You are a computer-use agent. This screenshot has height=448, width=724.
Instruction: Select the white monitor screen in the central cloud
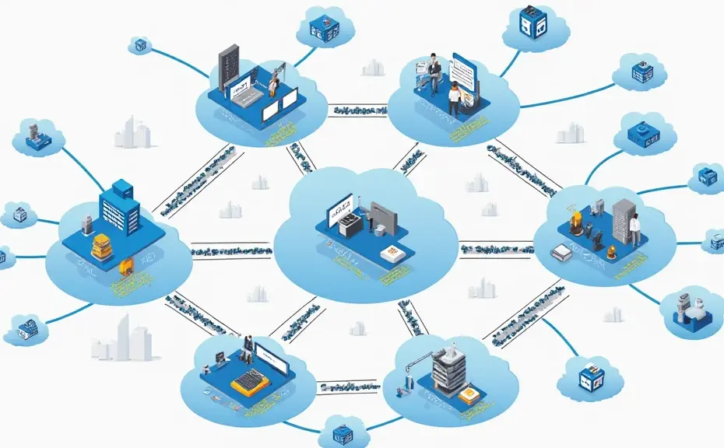(339, 215)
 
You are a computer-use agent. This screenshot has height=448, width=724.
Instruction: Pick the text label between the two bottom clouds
(349, 387)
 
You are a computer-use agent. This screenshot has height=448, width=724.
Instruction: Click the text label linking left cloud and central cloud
(231, 250)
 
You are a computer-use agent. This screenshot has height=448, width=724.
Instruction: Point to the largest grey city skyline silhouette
(122, 341)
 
